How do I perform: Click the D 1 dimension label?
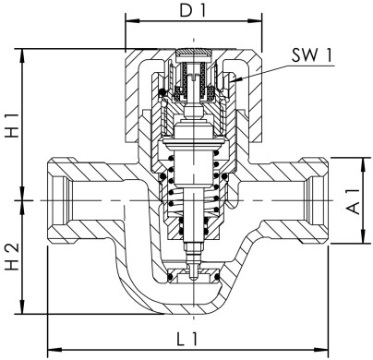(x=194, y=14)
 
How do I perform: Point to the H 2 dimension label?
(x=12, y=258)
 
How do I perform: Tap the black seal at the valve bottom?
(x=194, y=274)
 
